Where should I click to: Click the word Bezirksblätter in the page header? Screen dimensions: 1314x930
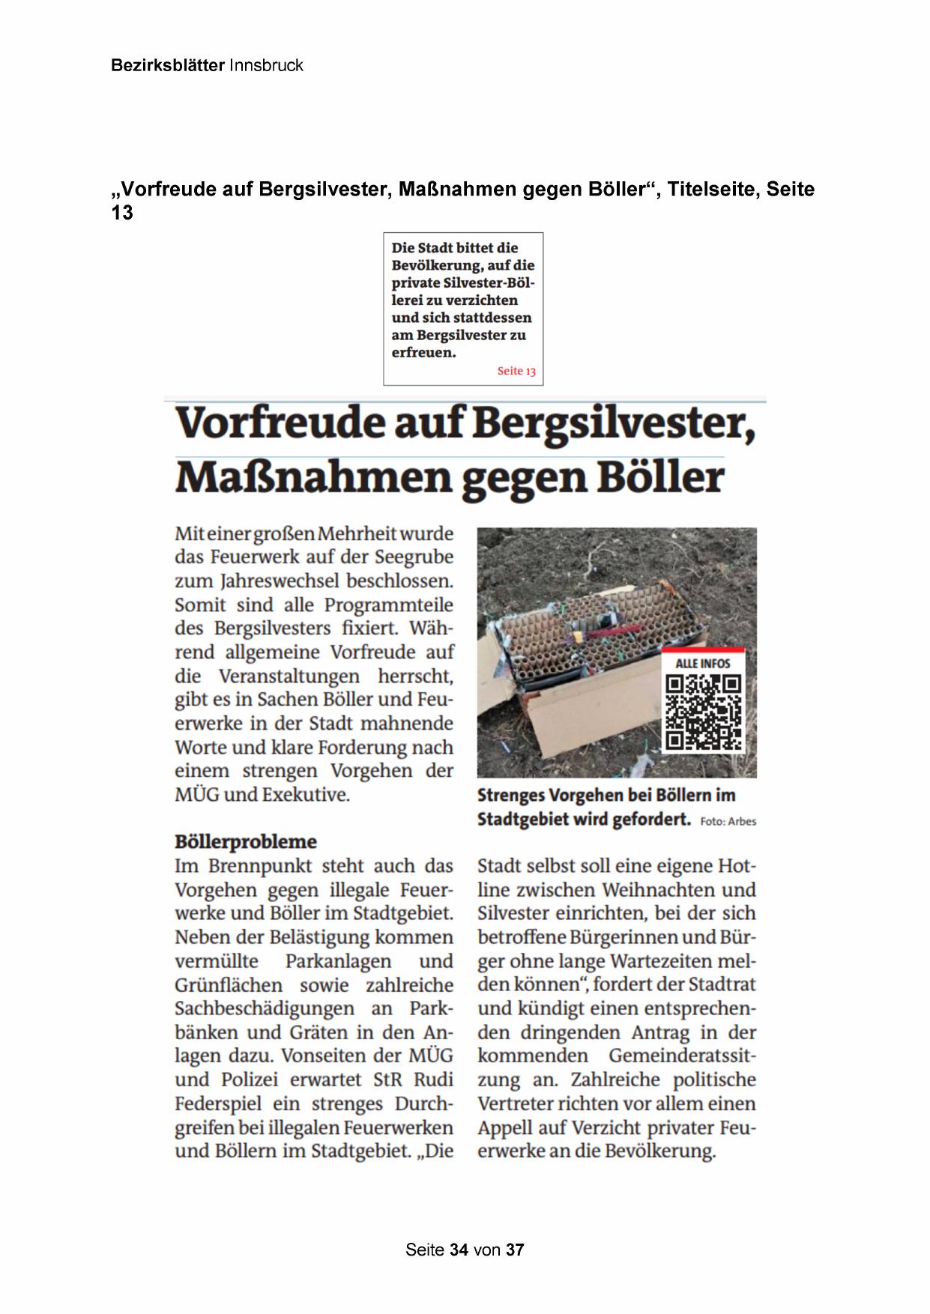point(167,65)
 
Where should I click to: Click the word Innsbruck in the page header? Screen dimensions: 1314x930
point(266,65)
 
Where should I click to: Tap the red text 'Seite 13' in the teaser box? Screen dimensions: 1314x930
point(516,371)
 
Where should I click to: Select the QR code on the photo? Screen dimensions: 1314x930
point(704,712)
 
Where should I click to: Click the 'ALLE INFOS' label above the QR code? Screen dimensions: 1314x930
point(703,663)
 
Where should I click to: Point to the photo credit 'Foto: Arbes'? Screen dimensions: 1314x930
point(728,822)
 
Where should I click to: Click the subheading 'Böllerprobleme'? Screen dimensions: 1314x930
point(246,841)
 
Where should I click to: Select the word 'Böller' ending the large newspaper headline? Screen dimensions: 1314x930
point(660,476)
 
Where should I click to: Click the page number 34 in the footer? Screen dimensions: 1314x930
point(459,1250)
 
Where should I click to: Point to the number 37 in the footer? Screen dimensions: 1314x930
point(515,1250)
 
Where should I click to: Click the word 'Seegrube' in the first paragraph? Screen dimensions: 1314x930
point(411,557)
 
